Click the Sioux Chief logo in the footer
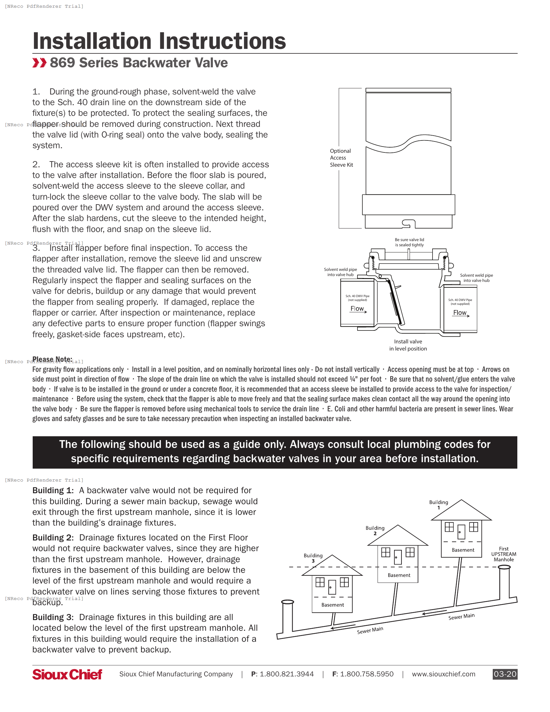pos(67,674)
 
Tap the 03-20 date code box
pos(505,674)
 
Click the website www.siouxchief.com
pos(443,674)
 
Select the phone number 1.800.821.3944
pos(286,674)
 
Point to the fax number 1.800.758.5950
pos(367,674)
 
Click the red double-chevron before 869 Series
pos(39,62)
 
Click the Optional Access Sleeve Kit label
pos(341,158)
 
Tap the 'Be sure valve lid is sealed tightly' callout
pos(409,242)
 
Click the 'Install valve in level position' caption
pos(408,345)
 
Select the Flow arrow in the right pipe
pos(461,313)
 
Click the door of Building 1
pos(461,532)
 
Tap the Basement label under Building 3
pos(332,605)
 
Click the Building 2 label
pos(375,530)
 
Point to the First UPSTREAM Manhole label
pos(503,554)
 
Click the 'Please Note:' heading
pos(52,359)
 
